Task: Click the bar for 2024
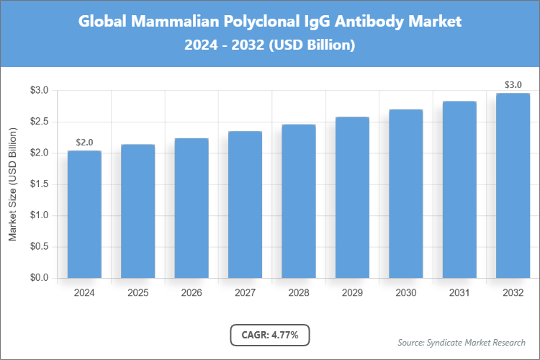(84, 214)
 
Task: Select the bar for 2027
(245, 204)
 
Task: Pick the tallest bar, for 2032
(513, 185)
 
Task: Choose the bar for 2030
(405, 194)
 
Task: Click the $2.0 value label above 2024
(84, 143)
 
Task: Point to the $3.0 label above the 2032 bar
(513, 85)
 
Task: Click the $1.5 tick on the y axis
(39, 184)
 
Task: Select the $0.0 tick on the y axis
(39, 278)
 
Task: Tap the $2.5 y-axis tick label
(39, 122)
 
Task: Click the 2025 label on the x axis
(138, 293)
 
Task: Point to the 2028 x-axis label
(298, 293)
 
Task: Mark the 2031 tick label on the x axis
(459, 293)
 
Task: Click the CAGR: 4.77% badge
(269, 335)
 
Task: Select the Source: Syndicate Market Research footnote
(461, 342)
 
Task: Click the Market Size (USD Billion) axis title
(13, 184)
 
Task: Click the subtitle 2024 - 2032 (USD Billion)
(269, 45)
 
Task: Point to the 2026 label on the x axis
(192, 293)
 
